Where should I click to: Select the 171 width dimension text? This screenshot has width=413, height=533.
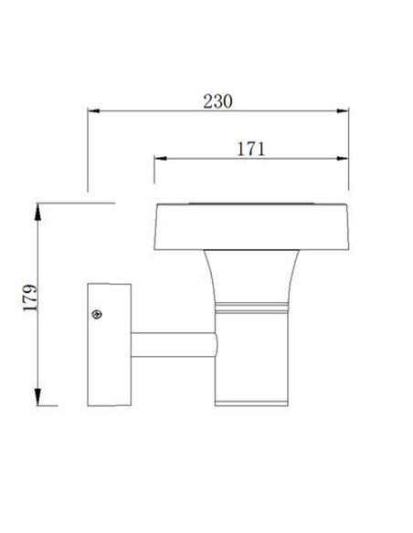tap(249, 149)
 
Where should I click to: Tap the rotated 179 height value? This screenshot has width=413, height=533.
tap(28, 302)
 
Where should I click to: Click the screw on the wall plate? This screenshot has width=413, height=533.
tap(98, 316)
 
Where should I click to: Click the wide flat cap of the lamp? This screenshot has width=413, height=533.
tap(251, 224)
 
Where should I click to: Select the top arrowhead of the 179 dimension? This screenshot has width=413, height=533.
tap(37, 210)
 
